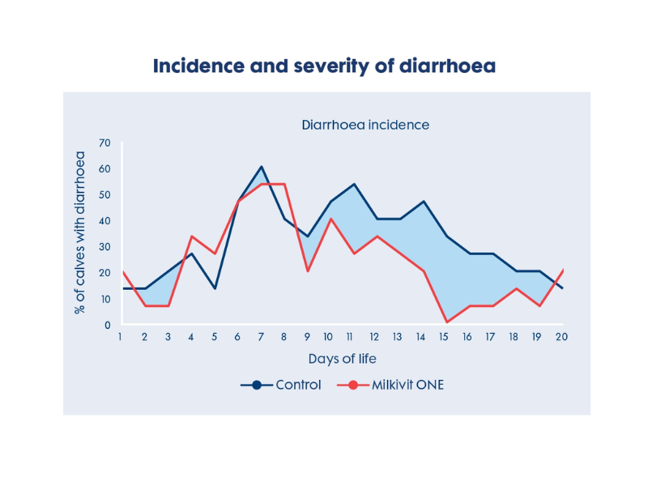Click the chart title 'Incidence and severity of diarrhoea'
pos(324,66)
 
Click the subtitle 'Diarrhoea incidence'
pos(365,126)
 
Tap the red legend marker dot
pos(352,385)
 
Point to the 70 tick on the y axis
pos(104,143)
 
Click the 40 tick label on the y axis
pos(104,221)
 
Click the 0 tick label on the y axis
pos(107,325)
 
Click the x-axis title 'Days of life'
pos(342,359)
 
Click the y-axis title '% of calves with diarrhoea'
pos(80,233)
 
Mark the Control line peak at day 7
pos(262,167)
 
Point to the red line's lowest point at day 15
pos(446,322)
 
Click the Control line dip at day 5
pos(215,288)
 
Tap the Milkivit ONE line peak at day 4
pos(192,237)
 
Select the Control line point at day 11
pos(354,184)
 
